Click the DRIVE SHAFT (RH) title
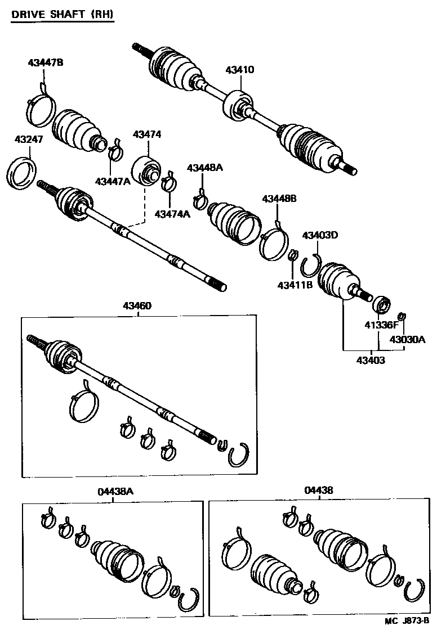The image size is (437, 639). pos(63,16)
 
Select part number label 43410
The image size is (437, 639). pos(240,70)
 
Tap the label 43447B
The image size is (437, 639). pos(46,62)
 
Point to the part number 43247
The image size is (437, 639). pos(29,139)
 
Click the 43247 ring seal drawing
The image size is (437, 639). pos(25,171)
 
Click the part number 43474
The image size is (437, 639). pos(147,134)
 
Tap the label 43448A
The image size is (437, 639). pos(205,168)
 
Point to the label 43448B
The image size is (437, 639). pos(279,198)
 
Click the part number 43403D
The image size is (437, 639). pos(320,235)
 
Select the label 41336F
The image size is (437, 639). pos(381,325)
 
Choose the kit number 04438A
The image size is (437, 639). pos(115,491)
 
